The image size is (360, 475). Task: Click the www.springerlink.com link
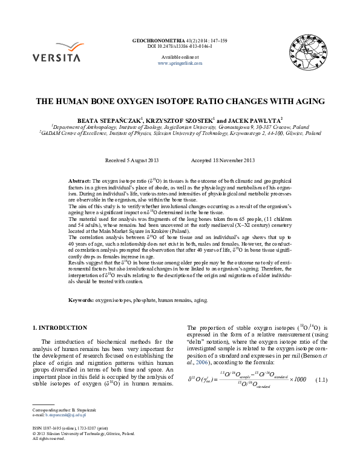click(x=179, y=63)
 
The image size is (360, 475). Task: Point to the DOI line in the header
click(x=180, y=46)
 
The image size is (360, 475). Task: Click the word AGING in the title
click(x=308, y=101)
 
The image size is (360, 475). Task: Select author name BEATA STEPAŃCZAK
click(x=111, y=121)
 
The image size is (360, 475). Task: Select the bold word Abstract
click(x=79, y=181)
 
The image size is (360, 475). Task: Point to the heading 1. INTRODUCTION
click(x=59, y=328)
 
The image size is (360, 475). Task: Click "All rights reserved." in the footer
click(x=48, y=439)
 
